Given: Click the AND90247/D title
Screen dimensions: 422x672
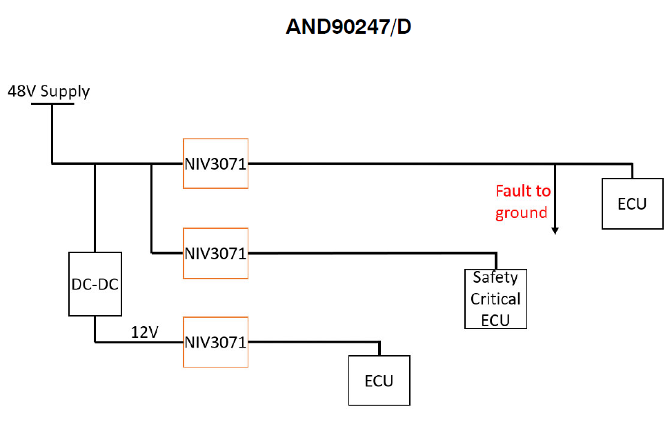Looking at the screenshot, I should point(348,28).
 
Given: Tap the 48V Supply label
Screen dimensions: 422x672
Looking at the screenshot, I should point(48,91).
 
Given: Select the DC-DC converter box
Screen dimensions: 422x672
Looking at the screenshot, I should point(96,284).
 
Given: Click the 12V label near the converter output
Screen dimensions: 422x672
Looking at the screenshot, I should point(145,332).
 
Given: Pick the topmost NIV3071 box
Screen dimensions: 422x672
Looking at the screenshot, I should point(215,163).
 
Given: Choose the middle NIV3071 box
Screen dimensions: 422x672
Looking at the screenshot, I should point(215,253).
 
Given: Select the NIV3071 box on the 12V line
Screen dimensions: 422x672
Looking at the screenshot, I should point(215,342).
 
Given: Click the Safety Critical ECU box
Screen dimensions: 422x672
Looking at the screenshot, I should point(495,299).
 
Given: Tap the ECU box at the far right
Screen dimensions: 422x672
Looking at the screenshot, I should point(632,203).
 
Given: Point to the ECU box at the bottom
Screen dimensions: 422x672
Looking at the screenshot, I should point(379,381).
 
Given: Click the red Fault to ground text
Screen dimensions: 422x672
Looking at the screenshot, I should point(522,201).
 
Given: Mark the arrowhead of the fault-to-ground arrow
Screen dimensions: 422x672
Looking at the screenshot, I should point(555,230).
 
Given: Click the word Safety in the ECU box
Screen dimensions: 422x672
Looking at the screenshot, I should point(495,277).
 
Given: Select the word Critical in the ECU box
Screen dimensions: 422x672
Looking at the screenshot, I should point(495,299).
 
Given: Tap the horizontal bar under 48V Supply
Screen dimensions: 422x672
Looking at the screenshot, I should point(52,104).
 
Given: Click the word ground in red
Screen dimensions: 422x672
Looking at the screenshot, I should point(521,212).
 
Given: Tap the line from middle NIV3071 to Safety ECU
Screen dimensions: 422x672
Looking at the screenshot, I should point(373,253).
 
